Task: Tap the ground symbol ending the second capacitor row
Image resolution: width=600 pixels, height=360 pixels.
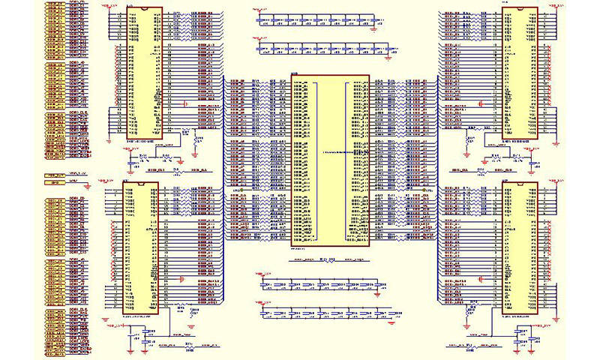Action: pos(391,55)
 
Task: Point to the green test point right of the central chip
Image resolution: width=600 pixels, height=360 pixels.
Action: pos(423,190)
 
